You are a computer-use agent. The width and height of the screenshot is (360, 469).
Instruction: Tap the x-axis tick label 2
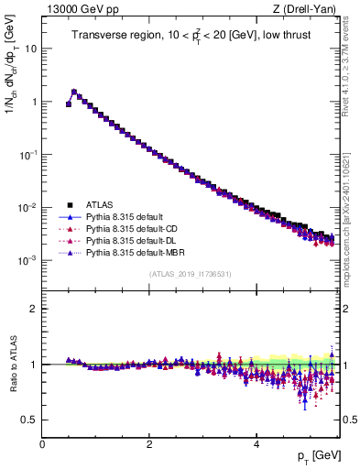(x=149, y=444)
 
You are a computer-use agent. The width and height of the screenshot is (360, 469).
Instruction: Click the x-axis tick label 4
(x=256, y=444)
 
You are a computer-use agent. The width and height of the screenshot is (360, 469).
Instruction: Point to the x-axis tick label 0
(x=42, y=444)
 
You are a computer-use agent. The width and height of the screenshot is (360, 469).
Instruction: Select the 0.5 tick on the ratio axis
(x=30, y=420)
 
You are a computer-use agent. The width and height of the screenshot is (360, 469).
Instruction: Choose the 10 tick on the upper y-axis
(x=29, y=48)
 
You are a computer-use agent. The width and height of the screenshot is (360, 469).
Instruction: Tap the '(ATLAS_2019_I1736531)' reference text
(x=189, y=274)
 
